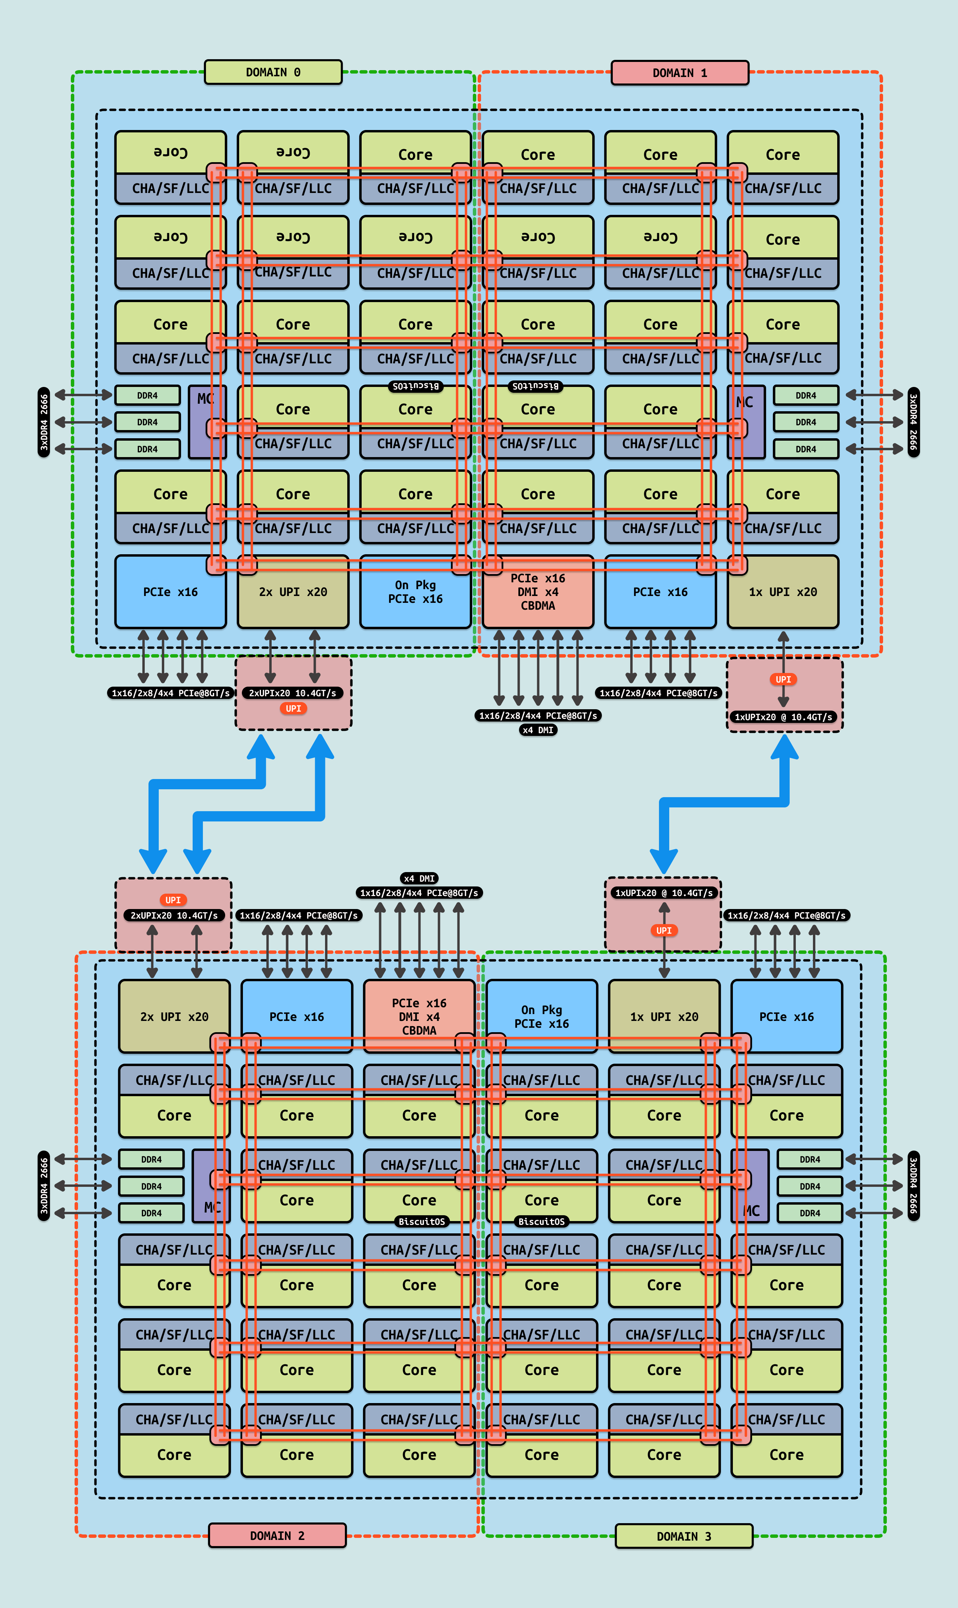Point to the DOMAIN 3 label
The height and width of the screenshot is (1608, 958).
coord(684,1536)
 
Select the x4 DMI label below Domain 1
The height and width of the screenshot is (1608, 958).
coord(538,730)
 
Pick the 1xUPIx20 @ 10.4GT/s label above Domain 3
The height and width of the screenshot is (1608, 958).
coord(664,893)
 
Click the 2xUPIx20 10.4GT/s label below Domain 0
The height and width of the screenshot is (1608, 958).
coord(293,693)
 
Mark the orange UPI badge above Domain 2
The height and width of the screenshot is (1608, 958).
coord(173,900)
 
